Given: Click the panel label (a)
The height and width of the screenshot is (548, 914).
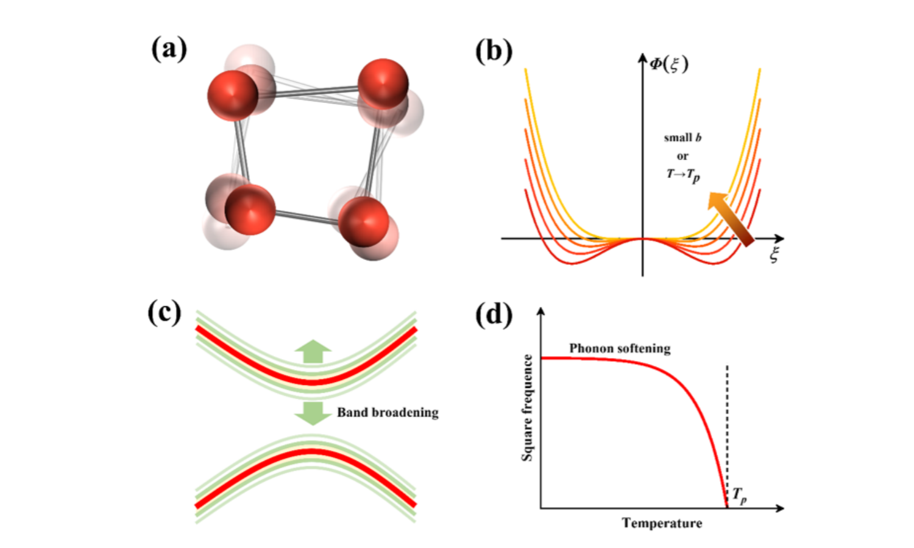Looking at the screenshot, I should click(169, 49).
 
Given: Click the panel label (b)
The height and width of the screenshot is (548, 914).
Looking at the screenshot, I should click(494, 51).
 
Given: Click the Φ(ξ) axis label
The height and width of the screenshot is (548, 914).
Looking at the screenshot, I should click(668, 64).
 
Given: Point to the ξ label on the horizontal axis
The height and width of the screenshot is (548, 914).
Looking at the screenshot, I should click(774, 255).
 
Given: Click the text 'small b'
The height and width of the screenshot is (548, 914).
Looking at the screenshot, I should click(682, 138).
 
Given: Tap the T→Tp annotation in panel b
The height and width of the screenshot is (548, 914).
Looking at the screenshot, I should click(682, 175).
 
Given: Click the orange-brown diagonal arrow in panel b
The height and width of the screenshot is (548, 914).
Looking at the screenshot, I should click(731, 219).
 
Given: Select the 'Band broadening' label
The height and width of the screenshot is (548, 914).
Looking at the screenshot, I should click(388, 412).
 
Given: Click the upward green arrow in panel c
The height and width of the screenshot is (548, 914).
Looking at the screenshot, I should click(313, 352).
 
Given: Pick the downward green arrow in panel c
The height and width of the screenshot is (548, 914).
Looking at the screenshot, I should click(313, 413).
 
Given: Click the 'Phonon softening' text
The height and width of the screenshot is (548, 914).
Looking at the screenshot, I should click(620, 348).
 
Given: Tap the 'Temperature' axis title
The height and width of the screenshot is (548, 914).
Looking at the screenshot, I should click(662, 523).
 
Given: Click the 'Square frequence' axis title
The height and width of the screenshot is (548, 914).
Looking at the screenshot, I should click(528, 408).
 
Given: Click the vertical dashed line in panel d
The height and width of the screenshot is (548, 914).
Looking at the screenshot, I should click(727, 426).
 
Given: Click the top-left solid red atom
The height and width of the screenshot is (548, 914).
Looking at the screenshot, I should click(233, 96).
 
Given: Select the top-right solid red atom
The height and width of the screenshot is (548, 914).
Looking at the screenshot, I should click(383, 84).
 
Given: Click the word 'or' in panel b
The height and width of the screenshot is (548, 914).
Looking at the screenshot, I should click(682, 156).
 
